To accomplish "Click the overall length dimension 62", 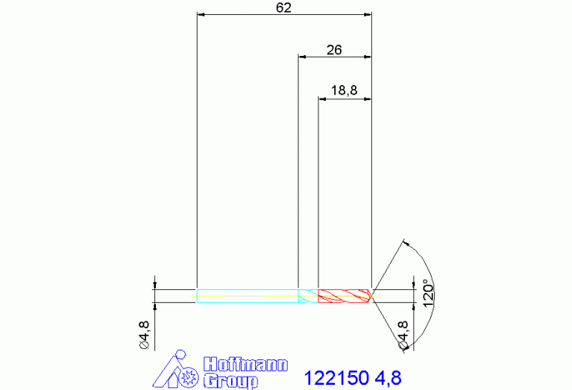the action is (283, 7).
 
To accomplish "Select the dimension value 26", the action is (334, 50).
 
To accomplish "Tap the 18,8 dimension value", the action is (344, 90).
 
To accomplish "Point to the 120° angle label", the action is (429, 293).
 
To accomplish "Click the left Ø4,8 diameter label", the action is (145, 335).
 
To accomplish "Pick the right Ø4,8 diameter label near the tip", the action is (403, 335).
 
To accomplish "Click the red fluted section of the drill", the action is (345, 296).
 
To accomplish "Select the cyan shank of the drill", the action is (248, 296).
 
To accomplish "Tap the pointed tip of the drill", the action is (371, 296).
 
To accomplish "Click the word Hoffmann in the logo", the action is (246, 365).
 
